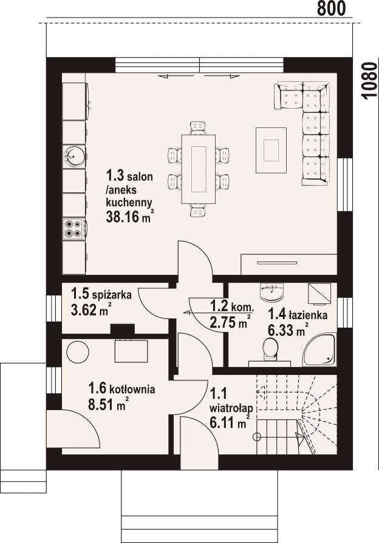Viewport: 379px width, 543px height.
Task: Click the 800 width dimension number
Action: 332,8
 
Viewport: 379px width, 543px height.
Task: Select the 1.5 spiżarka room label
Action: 101,294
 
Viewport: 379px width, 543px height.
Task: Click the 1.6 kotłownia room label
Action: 121,388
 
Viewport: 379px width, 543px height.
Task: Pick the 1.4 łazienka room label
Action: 298,314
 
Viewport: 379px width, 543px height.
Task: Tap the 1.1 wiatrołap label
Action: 230,400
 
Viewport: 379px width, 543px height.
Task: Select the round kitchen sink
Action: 73,155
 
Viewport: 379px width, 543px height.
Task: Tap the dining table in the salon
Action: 199,169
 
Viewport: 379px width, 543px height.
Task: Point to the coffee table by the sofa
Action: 271,150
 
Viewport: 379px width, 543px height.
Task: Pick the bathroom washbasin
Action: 271,292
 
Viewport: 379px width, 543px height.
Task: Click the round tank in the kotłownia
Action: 77,352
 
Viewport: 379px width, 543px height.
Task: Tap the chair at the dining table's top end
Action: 199,127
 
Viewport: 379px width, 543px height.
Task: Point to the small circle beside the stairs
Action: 257,437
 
